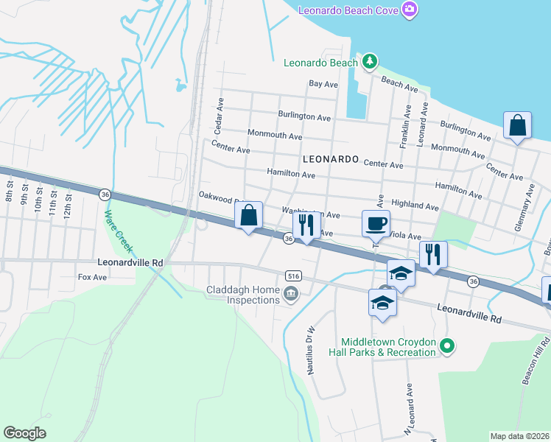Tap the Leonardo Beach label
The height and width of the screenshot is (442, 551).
[321, 63]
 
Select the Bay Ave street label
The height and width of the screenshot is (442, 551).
[323, 85]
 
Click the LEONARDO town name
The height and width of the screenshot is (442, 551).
[331, 159]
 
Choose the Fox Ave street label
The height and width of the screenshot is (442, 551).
[93, 277]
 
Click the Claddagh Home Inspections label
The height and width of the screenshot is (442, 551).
[243, 295]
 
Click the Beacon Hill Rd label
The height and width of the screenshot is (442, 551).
[536, 362]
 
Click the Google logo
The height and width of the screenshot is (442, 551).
[24, 433]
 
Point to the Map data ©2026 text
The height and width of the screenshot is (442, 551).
[519, 436]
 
